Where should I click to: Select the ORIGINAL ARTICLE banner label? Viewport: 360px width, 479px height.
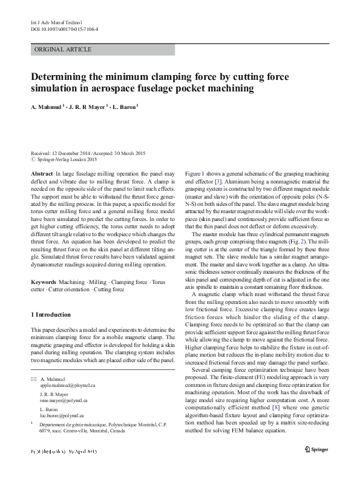64,49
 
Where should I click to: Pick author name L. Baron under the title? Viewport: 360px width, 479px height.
124,107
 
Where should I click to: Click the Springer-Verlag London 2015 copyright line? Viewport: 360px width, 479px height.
67,159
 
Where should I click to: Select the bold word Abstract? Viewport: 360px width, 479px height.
41,174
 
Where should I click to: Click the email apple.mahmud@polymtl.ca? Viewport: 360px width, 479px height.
68,385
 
